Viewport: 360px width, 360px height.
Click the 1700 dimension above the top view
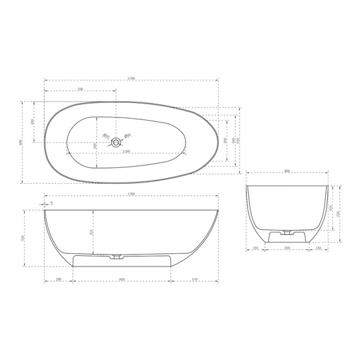(x=131, y=78)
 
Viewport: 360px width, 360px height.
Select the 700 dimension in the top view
(x=80, y=90)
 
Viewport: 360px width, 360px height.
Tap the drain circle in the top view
(x=117, y=142)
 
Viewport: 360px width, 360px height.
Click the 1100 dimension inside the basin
(x=126, y=152)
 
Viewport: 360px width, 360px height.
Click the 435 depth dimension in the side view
(x=92, y=232)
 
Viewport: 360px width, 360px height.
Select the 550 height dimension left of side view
(x=23, y=238)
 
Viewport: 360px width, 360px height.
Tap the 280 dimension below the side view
(x=58, y=279)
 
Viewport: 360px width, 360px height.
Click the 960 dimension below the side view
(x=122, y=279)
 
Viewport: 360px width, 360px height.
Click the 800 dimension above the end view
(x=287, y=171)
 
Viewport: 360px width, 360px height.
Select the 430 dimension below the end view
(x=287, y=249)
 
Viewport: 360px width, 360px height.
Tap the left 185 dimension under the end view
(x=255, y=249)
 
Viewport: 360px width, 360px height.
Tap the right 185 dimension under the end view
(x=319, y=249)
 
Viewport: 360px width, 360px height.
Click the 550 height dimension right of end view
(x=339, y=214)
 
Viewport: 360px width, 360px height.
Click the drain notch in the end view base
(x=287, y=232)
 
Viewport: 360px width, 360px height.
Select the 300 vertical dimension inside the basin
(x=95, y=145)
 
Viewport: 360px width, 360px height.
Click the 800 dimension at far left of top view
(x=21, y=141)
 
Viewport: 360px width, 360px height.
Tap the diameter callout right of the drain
(x=129, y=134)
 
